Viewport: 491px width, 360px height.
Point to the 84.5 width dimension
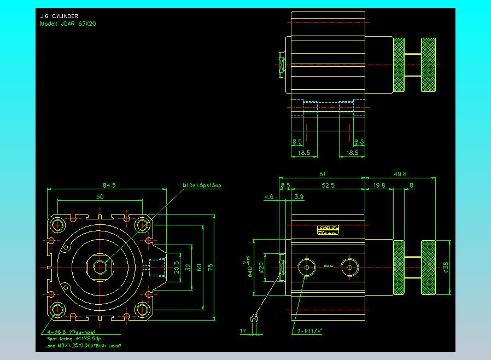pos(109,185)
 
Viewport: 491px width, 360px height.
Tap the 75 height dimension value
pos(210,267)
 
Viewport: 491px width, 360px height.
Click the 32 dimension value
pos(188,267)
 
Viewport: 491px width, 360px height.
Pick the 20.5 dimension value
pos(176,267)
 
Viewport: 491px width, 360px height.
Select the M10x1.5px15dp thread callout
pos(202,186)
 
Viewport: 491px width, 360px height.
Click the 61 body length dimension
pos(323,174)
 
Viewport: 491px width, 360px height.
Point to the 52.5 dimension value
pos(328,185)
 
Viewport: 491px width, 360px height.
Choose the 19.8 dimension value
pos(378,185)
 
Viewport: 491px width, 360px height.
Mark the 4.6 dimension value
pos(269,196)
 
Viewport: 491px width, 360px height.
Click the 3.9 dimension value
pos(299,196)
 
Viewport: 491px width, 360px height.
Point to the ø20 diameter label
pos(261,267)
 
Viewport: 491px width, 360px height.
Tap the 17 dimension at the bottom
pos(243,330)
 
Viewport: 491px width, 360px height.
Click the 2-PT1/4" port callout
pos(309,330)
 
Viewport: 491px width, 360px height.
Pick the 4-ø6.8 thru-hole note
pos(72,332)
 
